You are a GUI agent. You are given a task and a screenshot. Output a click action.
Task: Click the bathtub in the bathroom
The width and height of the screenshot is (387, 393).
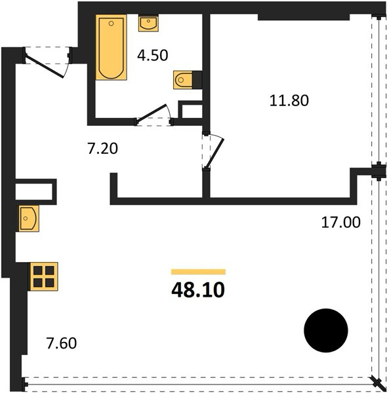(x=111, y=47)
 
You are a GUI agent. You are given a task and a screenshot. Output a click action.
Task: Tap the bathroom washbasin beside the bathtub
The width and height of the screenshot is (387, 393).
(x=148, y=23)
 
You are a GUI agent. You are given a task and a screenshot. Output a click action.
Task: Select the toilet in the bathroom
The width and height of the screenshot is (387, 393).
(x=183, y=80)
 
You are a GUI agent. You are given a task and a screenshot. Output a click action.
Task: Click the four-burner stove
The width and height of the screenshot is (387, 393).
(x=44, y=276)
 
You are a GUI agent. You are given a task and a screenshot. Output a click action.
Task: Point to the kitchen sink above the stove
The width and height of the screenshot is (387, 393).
(x=28, y=218)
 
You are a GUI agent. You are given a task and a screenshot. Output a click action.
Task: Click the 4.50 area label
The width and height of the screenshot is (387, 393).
(x=153, y=56)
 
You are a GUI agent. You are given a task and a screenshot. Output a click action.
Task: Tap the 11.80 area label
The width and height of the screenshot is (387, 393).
(x=289, y=100)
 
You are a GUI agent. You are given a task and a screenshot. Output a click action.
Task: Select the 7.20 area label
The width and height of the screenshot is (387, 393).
(x=102, y=149)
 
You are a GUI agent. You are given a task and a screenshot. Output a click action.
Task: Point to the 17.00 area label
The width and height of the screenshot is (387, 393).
(x=341, y=222)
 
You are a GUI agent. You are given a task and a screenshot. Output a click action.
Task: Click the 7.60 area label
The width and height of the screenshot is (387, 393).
(x=62, y=343)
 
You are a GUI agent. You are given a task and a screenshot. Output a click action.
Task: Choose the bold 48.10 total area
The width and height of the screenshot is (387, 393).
(x=198, y=290)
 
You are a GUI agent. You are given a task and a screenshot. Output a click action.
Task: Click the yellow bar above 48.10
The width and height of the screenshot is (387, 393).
(x=198, y=272)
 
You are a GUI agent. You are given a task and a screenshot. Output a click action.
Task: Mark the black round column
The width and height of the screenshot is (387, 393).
(x=326, y=330)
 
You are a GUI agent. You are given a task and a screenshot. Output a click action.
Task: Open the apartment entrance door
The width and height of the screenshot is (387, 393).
(x=45, y=66)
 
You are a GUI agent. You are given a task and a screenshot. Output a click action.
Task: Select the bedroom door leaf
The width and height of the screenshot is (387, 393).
(x=215, y=153)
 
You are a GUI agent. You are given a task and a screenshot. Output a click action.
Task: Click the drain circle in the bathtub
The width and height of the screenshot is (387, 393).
(x=112, y=24)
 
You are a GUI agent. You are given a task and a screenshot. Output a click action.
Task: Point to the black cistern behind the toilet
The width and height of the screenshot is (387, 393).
(x=197, y=80)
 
